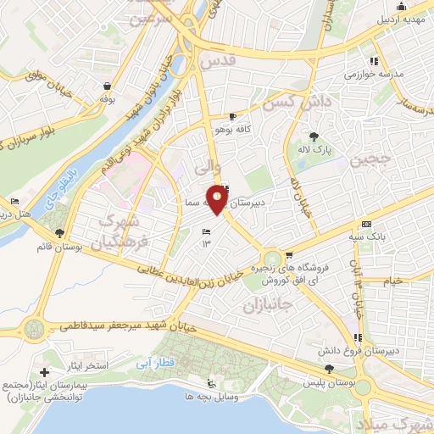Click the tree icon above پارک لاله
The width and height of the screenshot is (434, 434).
click(314, 136)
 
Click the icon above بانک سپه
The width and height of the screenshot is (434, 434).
click(366, 224)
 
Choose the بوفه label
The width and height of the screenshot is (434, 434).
click(107, 98)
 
